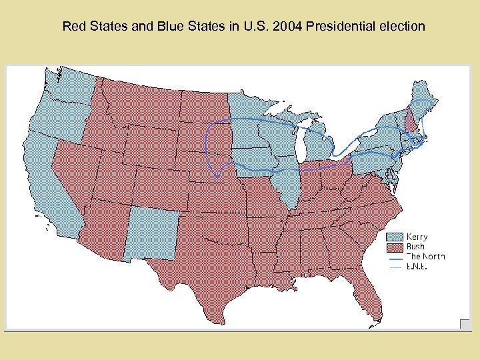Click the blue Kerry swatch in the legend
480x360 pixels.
[396, 237]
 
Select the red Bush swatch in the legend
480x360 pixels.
[396, 247]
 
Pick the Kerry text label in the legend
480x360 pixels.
[417, 237]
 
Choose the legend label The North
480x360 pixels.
[425, 257]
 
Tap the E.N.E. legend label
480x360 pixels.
[417, 267]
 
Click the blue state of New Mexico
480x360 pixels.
[152, 233]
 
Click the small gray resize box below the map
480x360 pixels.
[465, 324]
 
